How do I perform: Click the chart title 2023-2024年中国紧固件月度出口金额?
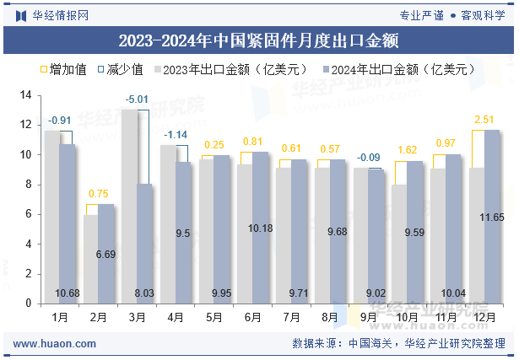(x=258, y=40)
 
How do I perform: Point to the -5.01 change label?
(x=137, y=99)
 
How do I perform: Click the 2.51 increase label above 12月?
(x=484, y=120)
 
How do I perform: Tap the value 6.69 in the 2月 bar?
(x=105, y=255)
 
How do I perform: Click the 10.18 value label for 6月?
(x=260, y=228)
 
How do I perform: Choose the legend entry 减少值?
(x=119, y=70)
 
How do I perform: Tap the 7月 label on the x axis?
(x=292, y=318)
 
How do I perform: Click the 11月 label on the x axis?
(x=446, y=318)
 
